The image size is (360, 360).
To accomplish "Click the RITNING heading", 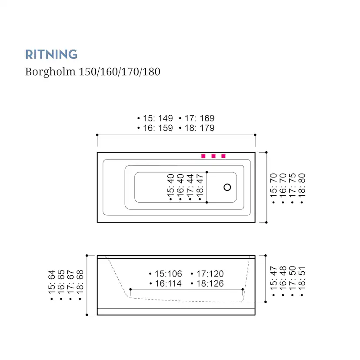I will pyautogui.click(x=51, y=54).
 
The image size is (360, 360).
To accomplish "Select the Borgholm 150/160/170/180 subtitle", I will pyautogui.click(x=93, y=72).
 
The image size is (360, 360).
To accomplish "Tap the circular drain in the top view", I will pyautogui.click(x=227, y=187).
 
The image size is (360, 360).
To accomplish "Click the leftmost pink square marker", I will pyautogui.click(x=203, y=156).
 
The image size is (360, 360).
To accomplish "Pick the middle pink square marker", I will pyautogui.click(x=213, y=156).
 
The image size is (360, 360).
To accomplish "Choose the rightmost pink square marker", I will pyautogui.click(x=223, y=156).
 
